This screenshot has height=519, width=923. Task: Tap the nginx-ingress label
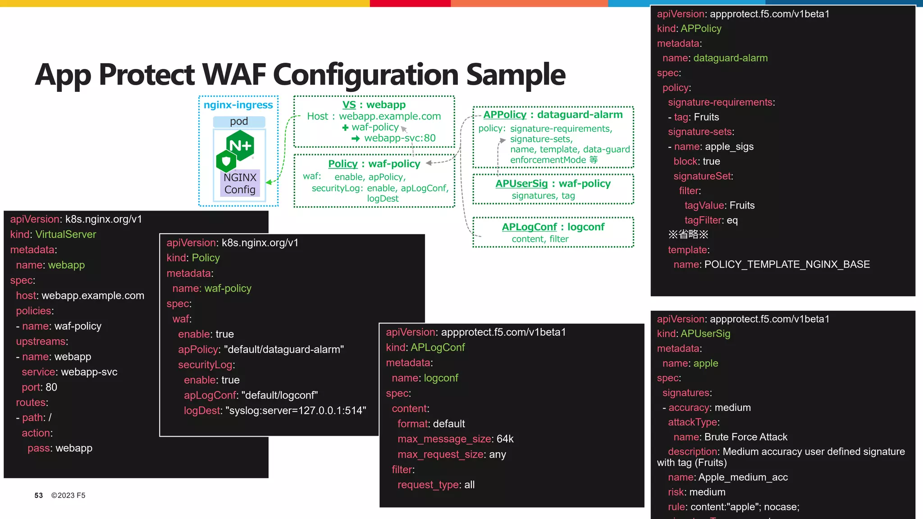pyautogui.click(x=238, y=105)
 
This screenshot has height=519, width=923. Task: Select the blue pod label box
pyautogui.click(x=239, y=122)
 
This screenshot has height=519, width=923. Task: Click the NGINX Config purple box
pyautogui.click(x=240, y=183)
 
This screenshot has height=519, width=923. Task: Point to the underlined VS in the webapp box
pyautogui.click(x=349, y=105)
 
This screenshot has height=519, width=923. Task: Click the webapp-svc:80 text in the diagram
pyautogui.click(x=400, y=138)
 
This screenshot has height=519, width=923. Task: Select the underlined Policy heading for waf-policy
pyautogui.click(x=343, y=164)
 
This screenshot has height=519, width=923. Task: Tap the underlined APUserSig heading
pyautogui.click(x=521, y=184)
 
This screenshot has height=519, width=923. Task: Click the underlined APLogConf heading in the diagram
pyautogui.click(x=529, y=227)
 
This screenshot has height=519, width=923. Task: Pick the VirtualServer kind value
pyautogui.click(x=66, y=235)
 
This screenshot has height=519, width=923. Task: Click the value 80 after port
pyautogui.click(x=51, y=387)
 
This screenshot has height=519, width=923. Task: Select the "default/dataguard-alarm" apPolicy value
pyautogui.click(x=283, y=350)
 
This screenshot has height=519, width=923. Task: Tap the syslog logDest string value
pyautogui.click(x=295, y=411)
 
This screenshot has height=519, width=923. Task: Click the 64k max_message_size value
pyautogui.click(x=505, y=439)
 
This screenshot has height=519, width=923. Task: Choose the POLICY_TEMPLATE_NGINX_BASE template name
pyautogui.click(x=787, y=264)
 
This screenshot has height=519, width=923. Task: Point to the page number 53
pyautogui.click(x=39, y=496)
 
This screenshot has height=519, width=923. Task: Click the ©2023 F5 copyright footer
pyautogui.click(x=68, y=496)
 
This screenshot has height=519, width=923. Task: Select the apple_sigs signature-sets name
pyautogui.click(x=729, y=147)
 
